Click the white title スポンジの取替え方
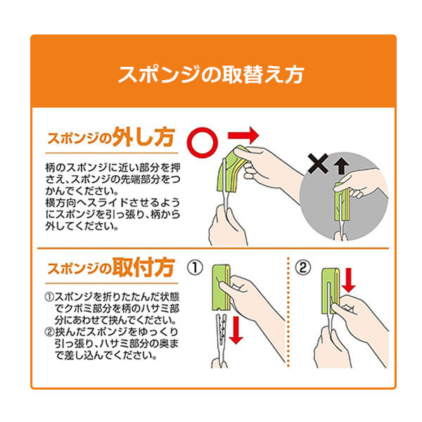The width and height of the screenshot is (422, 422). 212,75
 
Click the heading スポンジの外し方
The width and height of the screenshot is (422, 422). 110,137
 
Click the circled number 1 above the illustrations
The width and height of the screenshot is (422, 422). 195,268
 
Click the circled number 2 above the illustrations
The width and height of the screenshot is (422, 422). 302,268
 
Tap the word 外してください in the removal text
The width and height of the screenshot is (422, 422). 70,227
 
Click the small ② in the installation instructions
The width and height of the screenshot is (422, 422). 49,332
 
